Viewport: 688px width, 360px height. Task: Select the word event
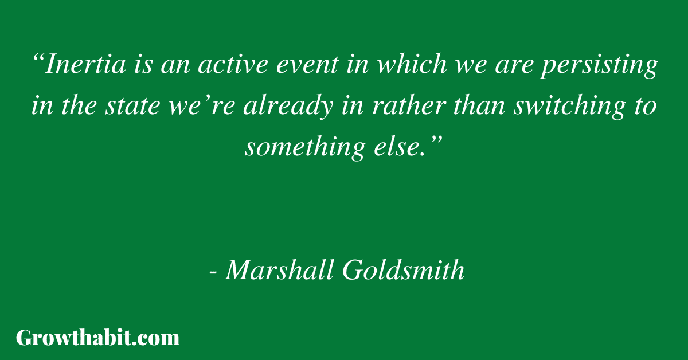click(308, 65)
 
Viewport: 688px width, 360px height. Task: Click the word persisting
click(600, 66)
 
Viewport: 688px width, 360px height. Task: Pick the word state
click(132, 106)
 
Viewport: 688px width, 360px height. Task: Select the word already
click(288, 108)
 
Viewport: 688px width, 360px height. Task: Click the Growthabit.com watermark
click(97, 338)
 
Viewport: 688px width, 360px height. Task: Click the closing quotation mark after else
click(436, 140)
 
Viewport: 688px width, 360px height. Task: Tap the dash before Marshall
click(213, 272)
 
